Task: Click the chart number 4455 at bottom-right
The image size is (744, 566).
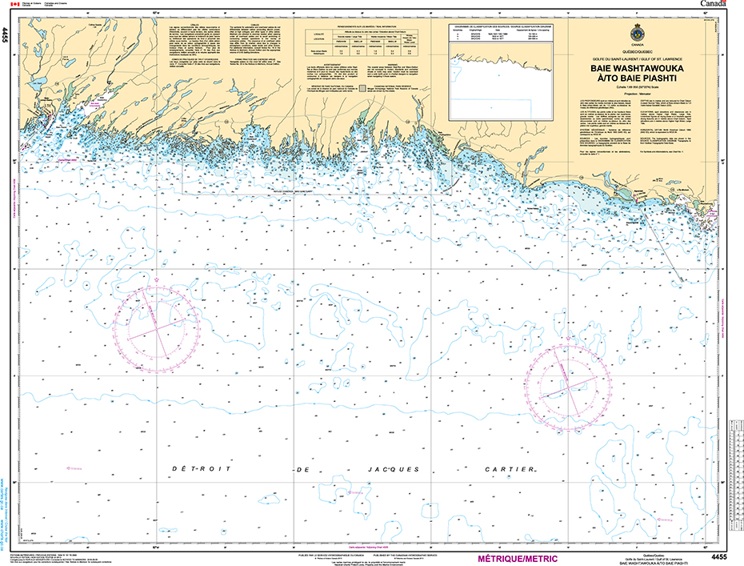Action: pyautogui.click(x=718, y=556)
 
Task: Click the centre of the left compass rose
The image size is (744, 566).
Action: pyautogui.click(x=156, y=324)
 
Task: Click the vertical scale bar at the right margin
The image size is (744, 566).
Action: pyautogui.click(x=737, y=480)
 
